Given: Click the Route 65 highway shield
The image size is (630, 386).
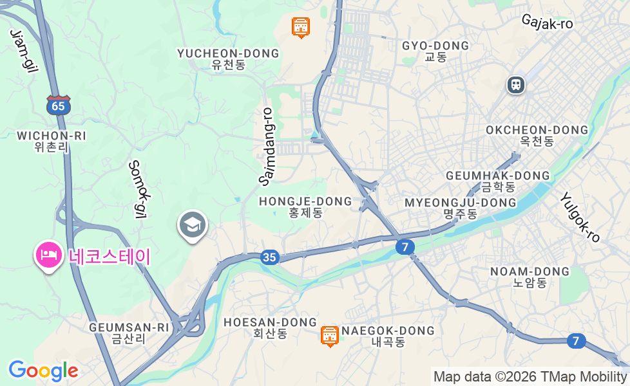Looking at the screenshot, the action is (x=58, y=106).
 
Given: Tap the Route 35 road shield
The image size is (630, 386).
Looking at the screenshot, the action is (x=270, y=257).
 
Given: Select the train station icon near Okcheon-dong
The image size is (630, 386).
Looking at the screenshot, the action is (x=515, y=84).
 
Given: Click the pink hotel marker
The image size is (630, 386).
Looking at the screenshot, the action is (x=48, y=255).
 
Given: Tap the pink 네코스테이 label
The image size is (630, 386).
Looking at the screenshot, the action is (x=109, y=257).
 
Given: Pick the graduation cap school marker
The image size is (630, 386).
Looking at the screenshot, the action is (x=192, y=225).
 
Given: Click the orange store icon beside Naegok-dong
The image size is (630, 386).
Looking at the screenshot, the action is (x=329, y=335).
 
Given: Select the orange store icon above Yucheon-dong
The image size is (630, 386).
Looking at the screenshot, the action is (x=300, y=27).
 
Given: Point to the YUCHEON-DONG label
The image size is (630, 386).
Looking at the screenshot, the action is (x=228, y=53).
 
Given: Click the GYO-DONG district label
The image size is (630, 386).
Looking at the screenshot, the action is (x=435, y=46).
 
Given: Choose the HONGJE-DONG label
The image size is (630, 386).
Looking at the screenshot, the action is (x=305, y=201).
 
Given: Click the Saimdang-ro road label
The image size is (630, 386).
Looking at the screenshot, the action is (x=267, y=146).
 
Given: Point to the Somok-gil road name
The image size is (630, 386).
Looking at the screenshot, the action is (x=139, y=189).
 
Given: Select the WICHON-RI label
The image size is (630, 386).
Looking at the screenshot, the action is (x=52, y=136).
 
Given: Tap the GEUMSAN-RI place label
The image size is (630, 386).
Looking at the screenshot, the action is (x=129, y=327).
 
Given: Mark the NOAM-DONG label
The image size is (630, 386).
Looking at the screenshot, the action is (x=530, y=271).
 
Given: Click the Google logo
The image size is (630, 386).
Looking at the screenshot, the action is (x=43, y=371).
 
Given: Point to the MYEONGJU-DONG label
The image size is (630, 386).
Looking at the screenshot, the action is (x=460, y=203).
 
